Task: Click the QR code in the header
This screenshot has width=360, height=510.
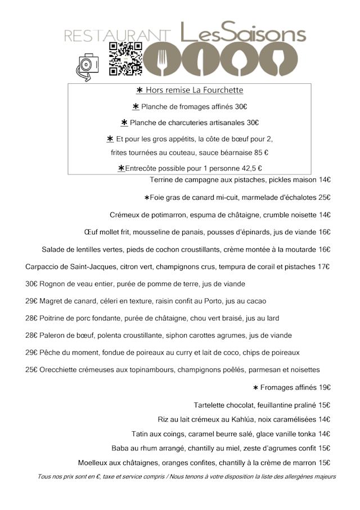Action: coord(125,59)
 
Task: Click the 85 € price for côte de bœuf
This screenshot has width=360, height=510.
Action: coord(261,153)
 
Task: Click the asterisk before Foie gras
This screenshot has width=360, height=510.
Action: coord(147,198)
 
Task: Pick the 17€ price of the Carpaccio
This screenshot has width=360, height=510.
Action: coord(323,267)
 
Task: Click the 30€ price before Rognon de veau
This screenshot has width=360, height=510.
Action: coord(31,284)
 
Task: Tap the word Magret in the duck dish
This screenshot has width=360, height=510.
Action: coord(53,301)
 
